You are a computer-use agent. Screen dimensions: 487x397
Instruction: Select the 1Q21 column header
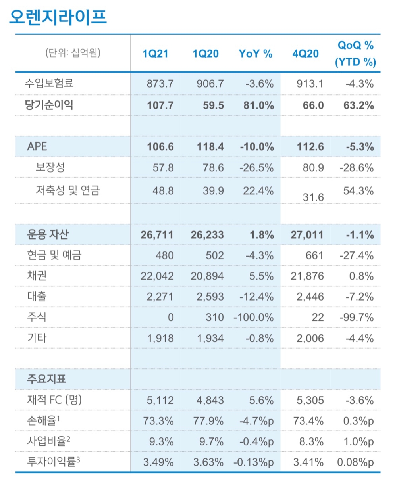(x=155, y=54)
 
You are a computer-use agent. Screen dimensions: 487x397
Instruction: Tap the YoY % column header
(x=255, y=54)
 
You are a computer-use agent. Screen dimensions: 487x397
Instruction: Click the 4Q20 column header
(x=305, y=54)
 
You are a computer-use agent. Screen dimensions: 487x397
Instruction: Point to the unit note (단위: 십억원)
(x=73, y=52)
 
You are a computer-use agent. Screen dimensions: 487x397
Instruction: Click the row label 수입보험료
(x=50, y=84)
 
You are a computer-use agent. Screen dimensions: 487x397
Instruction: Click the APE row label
(x=37, y=146)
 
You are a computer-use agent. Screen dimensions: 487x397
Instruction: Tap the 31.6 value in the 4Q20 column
(x=313, y=197)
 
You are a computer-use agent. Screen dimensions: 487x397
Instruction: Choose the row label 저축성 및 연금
(x=67, y=190)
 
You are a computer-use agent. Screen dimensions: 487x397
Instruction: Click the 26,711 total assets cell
(x=157, y=235)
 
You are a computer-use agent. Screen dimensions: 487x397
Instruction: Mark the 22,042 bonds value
(x=157, y=276)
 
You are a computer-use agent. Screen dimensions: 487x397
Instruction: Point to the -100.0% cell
(x=254, y=317)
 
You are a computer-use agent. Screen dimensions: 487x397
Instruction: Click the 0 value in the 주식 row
(x=170, y=317)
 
